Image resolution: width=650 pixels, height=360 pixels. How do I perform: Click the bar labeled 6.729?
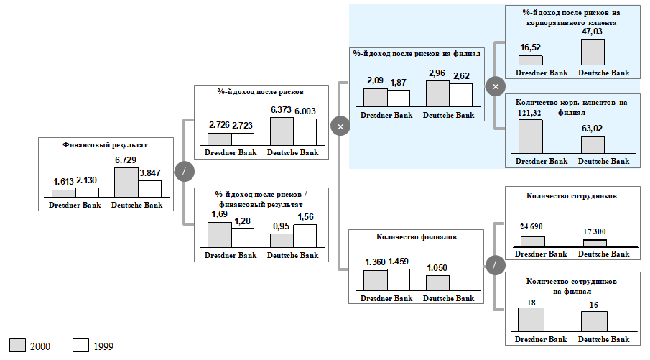pyautogui.click(x=126, y=182)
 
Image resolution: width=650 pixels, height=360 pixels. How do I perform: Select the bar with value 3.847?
pyautogui.click(x=150, y=189)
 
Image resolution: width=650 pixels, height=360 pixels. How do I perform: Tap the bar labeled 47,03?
pyautogui.click(x=593, y=52)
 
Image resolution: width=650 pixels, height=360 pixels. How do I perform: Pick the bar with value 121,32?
pyautogui.click(x=531, y=137)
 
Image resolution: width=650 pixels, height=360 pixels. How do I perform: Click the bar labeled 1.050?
pyautogui.click(x=437, y=283)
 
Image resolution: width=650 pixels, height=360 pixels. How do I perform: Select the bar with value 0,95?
pyautogui.click(x=282, y=240)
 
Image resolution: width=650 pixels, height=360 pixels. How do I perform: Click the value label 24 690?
pyautogui.click(x=531, y=226)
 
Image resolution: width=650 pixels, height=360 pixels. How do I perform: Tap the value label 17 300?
pyautogui.click(x=594, y=232)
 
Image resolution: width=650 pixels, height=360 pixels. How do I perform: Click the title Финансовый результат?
pyautogui.click(x=106, y=145)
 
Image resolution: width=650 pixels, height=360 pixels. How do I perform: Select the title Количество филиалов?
pyautogui.click(x=417, y=236)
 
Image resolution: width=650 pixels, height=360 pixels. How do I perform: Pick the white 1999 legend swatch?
pyautogui.click(x=80, y=345)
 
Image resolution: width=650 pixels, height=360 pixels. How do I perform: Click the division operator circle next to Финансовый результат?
pyautogui.click(x=185, y=171)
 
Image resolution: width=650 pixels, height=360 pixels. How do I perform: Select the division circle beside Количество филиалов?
pyautogui.click(x=495, y=265)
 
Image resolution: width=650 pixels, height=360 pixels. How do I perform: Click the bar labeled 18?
pyautogui.click(x=531, y=320)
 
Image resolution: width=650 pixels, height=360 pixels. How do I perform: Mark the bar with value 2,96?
pyautogui.click(x=437, y=93)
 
